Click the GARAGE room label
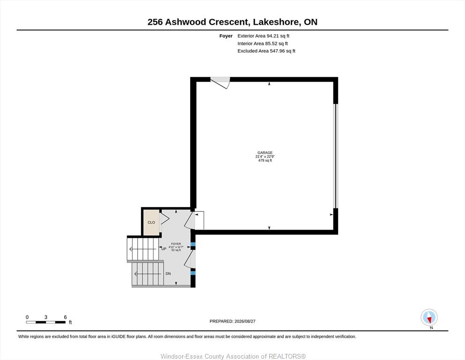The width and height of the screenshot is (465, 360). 265,152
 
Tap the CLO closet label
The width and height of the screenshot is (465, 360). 151,222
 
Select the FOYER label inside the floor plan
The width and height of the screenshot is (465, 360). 176,244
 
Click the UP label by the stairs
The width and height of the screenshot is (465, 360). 164,249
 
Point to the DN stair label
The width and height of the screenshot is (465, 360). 168,274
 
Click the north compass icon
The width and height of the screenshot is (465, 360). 429,317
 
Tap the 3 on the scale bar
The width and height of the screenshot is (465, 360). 46,317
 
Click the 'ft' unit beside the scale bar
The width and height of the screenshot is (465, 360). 70,322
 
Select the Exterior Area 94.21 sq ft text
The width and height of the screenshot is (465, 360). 263,36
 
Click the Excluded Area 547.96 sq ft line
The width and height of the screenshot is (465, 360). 266,51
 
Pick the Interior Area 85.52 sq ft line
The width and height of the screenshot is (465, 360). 262,43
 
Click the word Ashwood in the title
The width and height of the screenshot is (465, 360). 186,22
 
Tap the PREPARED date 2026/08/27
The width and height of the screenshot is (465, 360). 245,321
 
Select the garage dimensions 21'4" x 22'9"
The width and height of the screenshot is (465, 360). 265,157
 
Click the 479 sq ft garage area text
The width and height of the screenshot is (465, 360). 265,160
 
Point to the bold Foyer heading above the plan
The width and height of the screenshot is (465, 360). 226,36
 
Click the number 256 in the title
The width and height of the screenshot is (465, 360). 155,22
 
